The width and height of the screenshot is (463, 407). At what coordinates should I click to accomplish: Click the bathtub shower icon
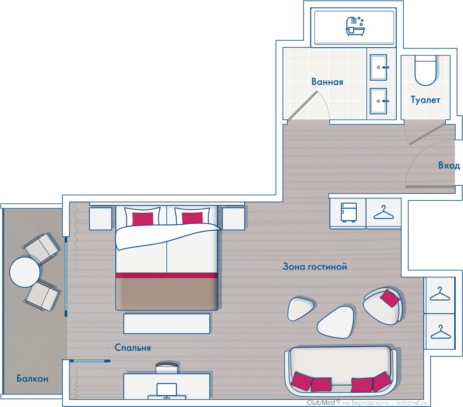[355, 26]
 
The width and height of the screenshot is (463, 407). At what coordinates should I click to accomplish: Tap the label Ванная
[327, 82]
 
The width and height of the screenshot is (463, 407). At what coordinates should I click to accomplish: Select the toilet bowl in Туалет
[425, 70]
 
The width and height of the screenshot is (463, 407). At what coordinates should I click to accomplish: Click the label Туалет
[425, 100]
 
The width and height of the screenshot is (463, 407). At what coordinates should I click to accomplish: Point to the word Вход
[449, 165]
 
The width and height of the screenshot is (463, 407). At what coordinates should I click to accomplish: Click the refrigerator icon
[349, 212]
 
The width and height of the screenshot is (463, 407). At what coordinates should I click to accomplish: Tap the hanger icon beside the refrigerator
[384, 213]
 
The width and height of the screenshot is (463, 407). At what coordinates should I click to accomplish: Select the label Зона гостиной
[315, 266]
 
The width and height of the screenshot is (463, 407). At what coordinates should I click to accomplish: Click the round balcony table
[25, 272]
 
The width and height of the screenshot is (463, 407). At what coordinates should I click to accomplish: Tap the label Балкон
[32, 378]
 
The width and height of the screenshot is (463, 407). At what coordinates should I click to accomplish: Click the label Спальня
[132, 347]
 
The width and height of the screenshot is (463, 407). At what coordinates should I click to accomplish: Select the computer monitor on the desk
[166, 390]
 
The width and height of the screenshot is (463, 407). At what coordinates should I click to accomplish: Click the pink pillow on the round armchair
[390, 298]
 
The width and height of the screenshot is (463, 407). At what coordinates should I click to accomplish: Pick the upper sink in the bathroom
[378, 67]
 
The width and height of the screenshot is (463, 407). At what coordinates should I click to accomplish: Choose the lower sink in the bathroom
[378, 101]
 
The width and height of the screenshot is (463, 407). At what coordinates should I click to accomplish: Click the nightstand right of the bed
[233, 219]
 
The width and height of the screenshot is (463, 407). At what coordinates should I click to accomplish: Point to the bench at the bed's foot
[166, 324]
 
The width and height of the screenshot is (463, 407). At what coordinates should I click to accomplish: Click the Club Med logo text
[321, 403]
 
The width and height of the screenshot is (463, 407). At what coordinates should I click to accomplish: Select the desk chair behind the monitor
[167, 368]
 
